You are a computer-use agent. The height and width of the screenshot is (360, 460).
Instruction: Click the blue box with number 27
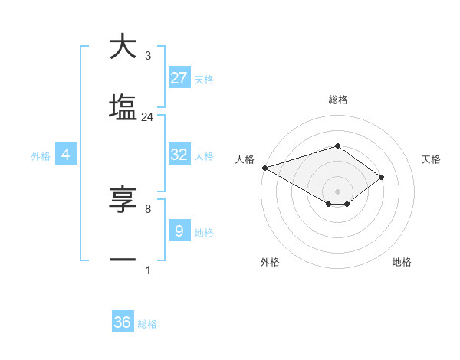pyautogui.click(x=179, y=78)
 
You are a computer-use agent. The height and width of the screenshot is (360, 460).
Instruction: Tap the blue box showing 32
pyautogui.click(x=179, y=155)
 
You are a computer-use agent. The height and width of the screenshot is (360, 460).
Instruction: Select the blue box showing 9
pyautogui.click(x=179, y=231)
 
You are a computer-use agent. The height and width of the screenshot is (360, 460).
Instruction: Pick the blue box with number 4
pyautogui.click(x=66, y=155)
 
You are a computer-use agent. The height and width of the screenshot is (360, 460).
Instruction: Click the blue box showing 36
pyautogui.click(x=123, y=322)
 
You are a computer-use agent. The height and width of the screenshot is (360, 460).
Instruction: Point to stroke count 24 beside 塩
pyautogui.click(x=147, y=117)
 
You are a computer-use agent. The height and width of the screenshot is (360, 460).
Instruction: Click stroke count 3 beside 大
pyautogui.click(x=148, y=56)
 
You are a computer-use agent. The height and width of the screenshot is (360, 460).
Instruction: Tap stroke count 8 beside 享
pyautogui.click(x=148, y=208)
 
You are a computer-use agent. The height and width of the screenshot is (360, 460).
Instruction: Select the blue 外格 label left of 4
pyautogui.click(x=41, y=155)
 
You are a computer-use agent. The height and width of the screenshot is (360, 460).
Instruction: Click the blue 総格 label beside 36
pyautogui.click(x=147, y=324)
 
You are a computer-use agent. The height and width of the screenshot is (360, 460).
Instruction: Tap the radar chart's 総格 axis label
pyautogui.click(x=337, y=100)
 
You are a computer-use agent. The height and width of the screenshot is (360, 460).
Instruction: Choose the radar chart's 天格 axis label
pyautogui.click(x=432, y=159)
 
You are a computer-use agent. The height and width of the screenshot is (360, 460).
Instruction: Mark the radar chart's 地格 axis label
pyautogui.click(x=402, y=262)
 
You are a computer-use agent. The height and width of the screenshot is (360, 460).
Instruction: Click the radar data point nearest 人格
pyautogui.click(x=264, y=167)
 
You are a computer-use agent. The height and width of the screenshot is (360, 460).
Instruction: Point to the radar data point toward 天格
pyautogui.click(x=381, y=177)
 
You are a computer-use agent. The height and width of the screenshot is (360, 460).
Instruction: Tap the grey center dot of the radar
pyautogui.click(x=337, y=191)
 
